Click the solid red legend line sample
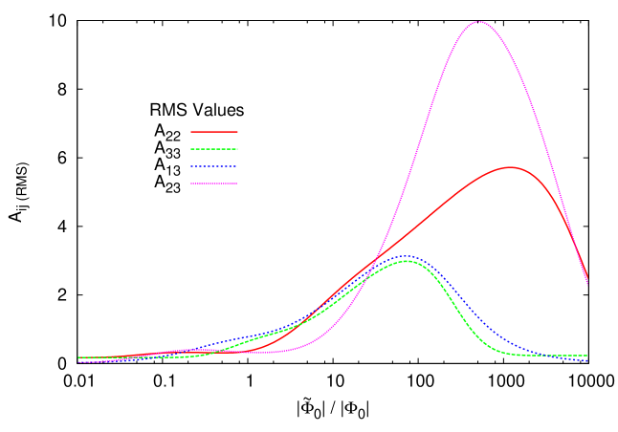click(214, 132)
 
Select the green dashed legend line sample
click(214, 149)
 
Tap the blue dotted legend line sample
click(214, 166)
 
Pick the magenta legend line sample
click(214, 184)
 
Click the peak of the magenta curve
click(478, 21)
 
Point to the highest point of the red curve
click(511, 167)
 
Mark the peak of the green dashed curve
click(407, 260)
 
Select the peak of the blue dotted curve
click(408, 256)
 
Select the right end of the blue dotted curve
click(587, 360)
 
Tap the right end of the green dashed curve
click(587, 356)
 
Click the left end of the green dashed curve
click(78, 357)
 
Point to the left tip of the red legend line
click(191, 132)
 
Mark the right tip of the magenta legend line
click(237, 184)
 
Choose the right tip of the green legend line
click(237, 149)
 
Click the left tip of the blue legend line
click(191, 166)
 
